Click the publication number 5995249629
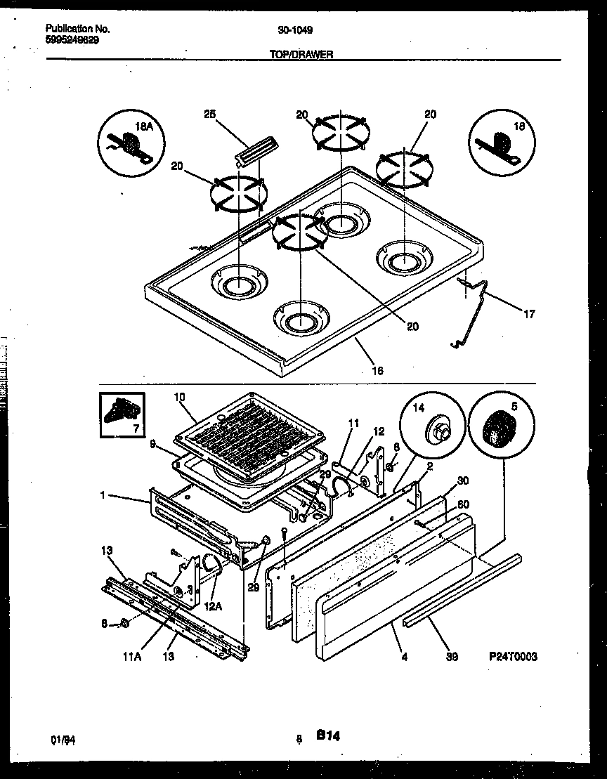[72, 40]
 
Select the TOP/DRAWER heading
[301, 54]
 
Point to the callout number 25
[208, 114]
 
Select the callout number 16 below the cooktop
[377, 370]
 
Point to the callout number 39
[452, 657]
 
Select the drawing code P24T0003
[513, 657]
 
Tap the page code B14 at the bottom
[327, 735]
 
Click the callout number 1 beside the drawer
[103, 495]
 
